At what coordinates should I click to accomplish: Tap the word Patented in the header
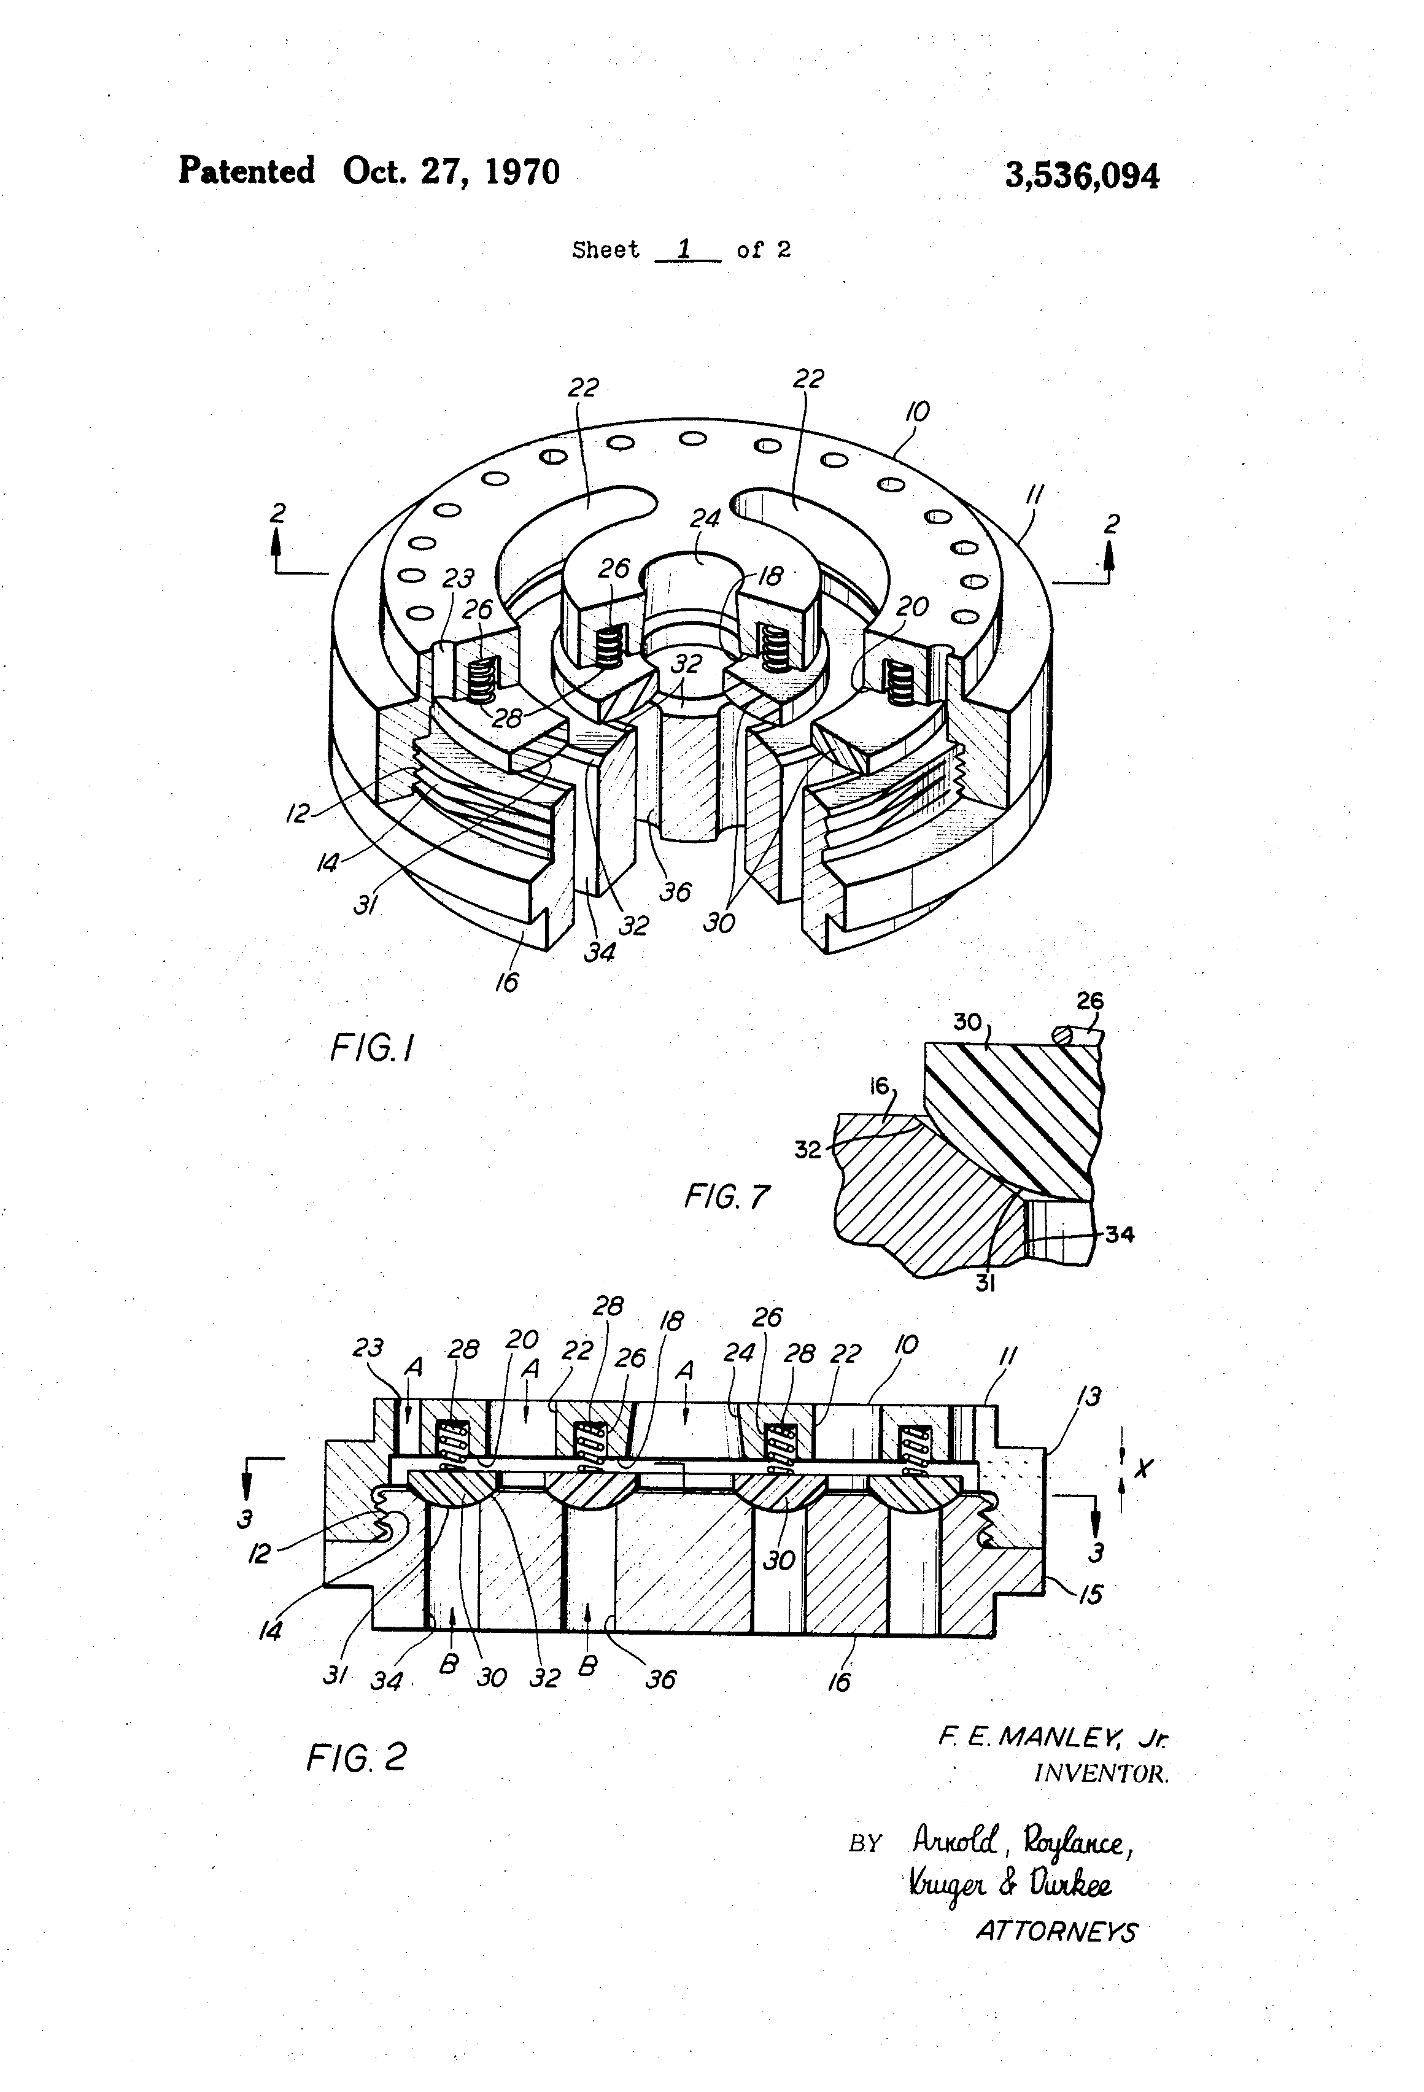[247, 170]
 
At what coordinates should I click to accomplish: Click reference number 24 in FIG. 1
[705, 519]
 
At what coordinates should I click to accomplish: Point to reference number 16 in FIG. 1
[507, 982]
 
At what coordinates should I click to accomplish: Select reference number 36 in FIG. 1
[675, 891]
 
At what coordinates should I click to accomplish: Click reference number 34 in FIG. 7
[1119, 1234]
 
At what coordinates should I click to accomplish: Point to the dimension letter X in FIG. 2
[1142, 1468]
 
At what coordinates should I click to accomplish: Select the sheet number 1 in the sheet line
[684, 249]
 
